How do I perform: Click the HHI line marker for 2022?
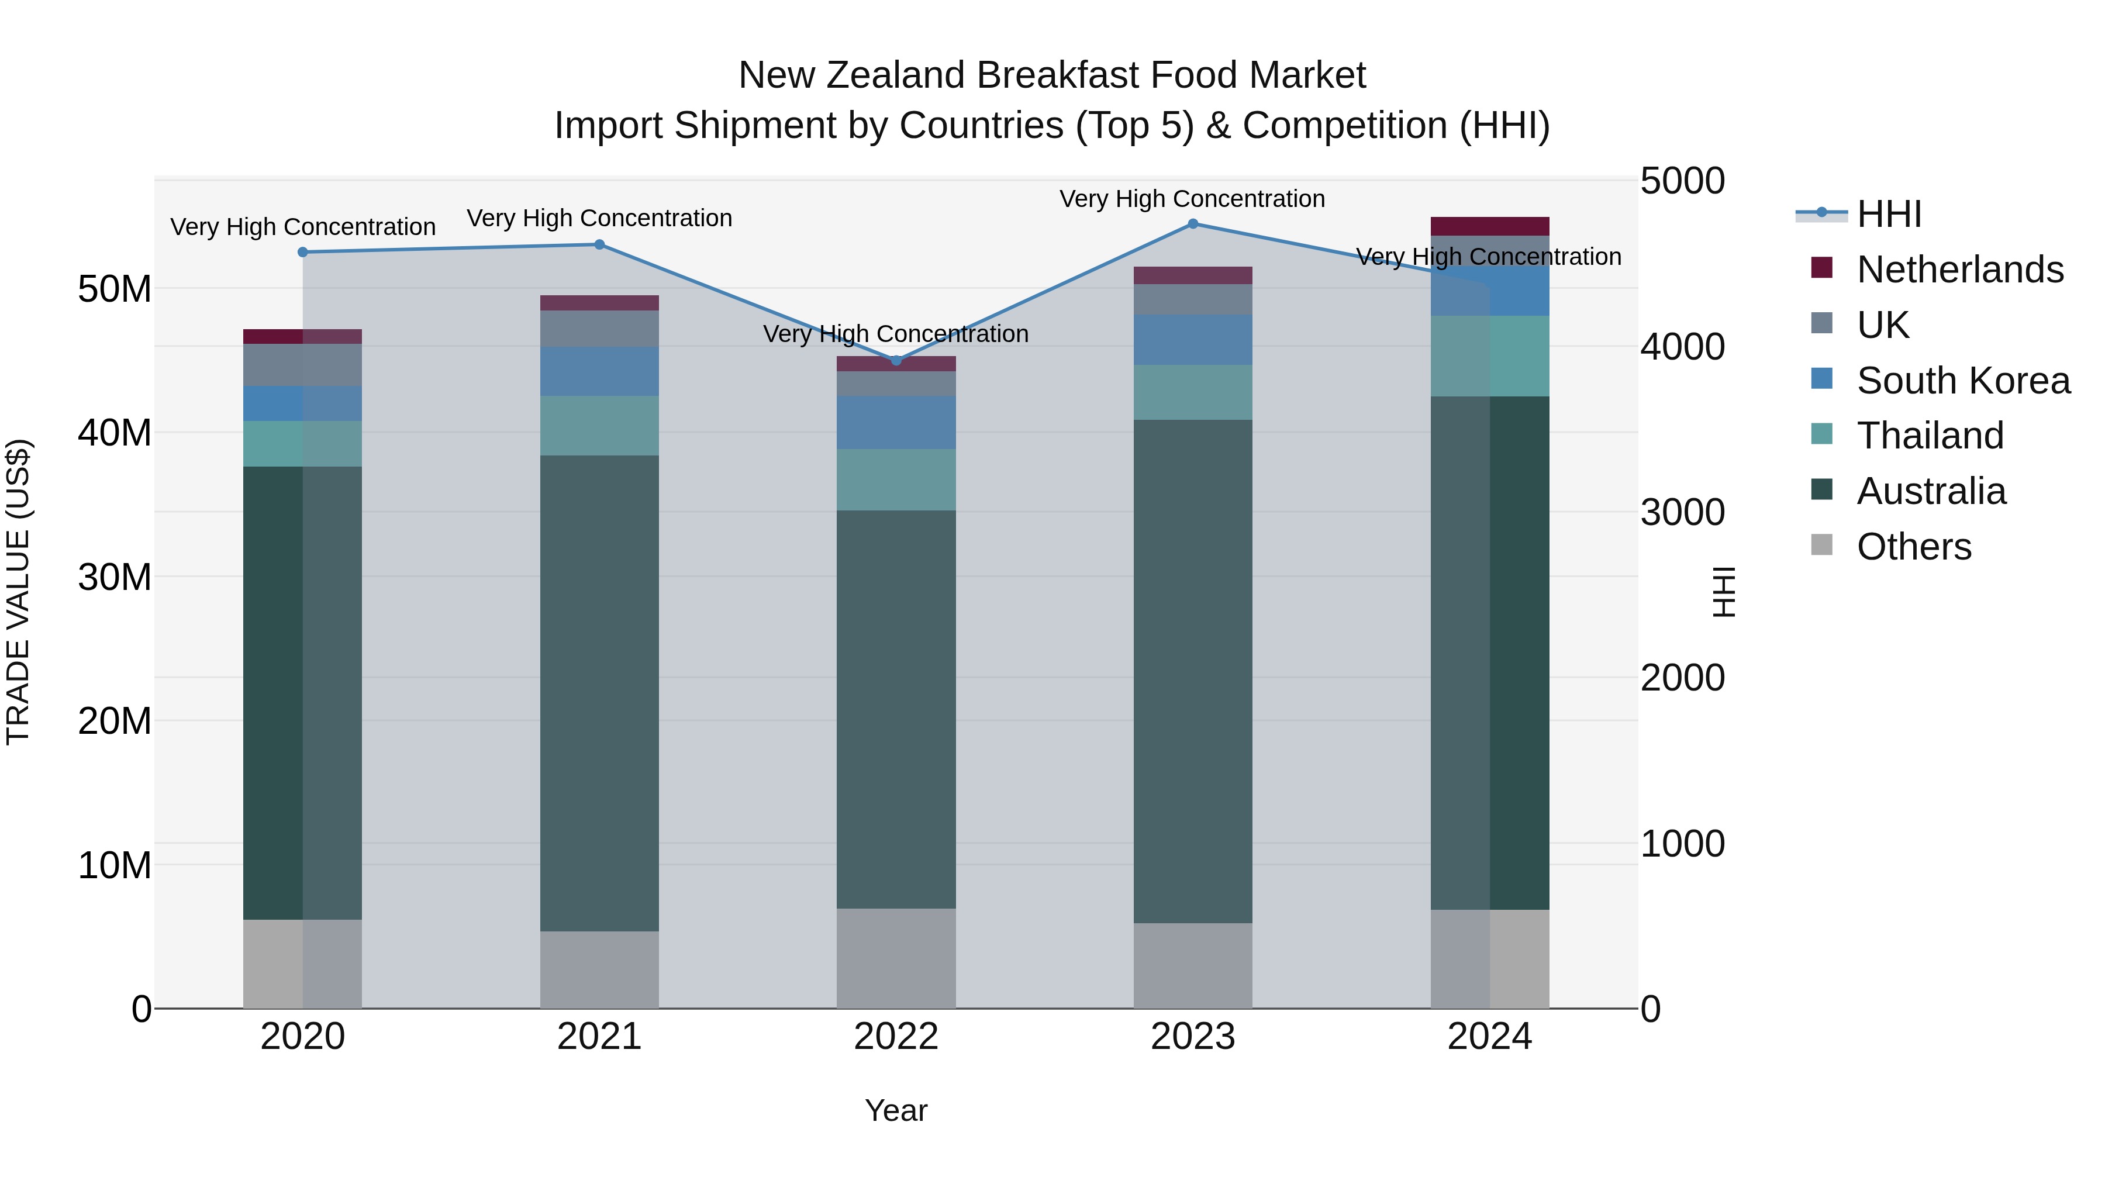896,360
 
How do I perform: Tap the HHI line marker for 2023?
1192,224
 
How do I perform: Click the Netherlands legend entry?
1959,270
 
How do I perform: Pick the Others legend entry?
1913,547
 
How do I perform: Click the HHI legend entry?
1889,214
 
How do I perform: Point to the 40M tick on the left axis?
115,433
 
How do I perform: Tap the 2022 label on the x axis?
896,1037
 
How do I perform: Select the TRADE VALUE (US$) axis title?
18,592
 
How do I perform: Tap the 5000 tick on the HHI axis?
1682,181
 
